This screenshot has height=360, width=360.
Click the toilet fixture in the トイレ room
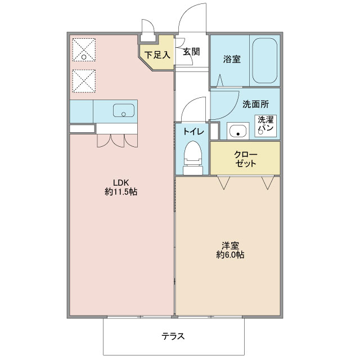pyautogui.click(x=193, y=158)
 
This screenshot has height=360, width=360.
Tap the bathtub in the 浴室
pyautogui.click(x=265, y=61)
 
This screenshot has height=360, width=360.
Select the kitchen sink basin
pyautogui.click(x=124, y=110)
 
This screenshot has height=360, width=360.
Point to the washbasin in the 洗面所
pyautogui.click(x=238, y=131)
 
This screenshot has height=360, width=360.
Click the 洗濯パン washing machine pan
pyautogui.click(x=265, y=126)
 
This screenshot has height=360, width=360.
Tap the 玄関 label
pyautogui.click(x=191, y=52)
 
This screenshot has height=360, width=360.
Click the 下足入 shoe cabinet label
pyautogui.click(x=157, y=55)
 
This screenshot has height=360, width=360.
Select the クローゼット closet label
pyautogui.click(x=245, y=159)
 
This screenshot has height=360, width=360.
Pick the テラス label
pyautogui.click(x=173, y=336)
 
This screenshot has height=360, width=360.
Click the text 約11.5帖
pyautogui.click(x=121, y=191)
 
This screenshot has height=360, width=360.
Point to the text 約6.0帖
pyautogui.click(x=230, y=255)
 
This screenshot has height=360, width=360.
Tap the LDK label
pyautogui.click(x=121, y=182)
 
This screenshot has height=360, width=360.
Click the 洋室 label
pyautogui.click(x=230, y=245)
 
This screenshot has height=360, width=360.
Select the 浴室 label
pyautogui.click(x=232, y=59)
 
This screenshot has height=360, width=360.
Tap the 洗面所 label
pyautogui.click(x=255, y=105)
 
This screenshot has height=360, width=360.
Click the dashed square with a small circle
pyautogui.click(x=84, y=50)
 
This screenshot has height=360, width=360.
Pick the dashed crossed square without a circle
pyautogui.click(x=84, y=81)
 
